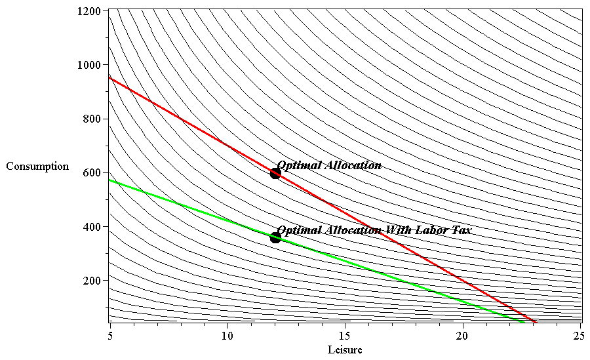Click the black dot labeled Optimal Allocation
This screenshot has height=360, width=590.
pos(275,173)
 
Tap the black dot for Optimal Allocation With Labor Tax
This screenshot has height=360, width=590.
pos(275,237)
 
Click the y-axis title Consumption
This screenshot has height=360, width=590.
pos(37,167)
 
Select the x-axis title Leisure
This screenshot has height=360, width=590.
pos(345,350)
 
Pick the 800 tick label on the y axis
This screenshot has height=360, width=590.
pos(89,119)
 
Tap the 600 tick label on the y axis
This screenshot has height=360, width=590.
pos(89,173)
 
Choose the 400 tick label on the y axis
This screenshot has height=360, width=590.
pos(89,227)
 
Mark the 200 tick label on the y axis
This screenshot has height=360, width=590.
pos(89,281)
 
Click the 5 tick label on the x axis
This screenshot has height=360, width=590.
pos(109,334)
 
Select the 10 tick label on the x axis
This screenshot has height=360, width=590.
pos(227,334)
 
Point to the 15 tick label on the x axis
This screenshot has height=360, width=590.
pos(345,334)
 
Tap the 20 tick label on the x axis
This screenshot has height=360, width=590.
pos(463,334)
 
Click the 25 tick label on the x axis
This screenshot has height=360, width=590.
pos(579,334)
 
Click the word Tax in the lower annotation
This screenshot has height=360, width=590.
pos(462,230)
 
